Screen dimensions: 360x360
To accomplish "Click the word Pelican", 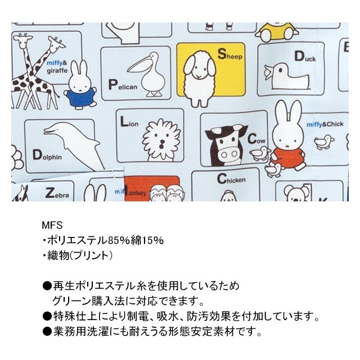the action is click(x=123, y=85).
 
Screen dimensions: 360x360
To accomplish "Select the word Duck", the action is click(x=305, y=57).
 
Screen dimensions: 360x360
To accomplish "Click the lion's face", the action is click(x=161, y=139).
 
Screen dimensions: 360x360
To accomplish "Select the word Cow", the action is click(x=256, y=139).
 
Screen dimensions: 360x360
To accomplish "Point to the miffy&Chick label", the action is click(x=325, y=124).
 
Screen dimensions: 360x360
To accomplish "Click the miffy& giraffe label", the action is click(x=57, y=67).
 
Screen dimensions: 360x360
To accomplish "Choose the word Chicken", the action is click(x=231, y=179).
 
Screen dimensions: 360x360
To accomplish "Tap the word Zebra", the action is click(x=57, y=193).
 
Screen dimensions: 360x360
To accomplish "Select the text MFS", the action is click(x=52, y=225).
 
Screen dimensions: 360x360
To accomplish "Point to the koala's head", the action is click(x=296, y=193).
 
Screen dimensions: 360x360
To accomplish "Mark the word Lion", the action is click(x=129, y=122).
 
